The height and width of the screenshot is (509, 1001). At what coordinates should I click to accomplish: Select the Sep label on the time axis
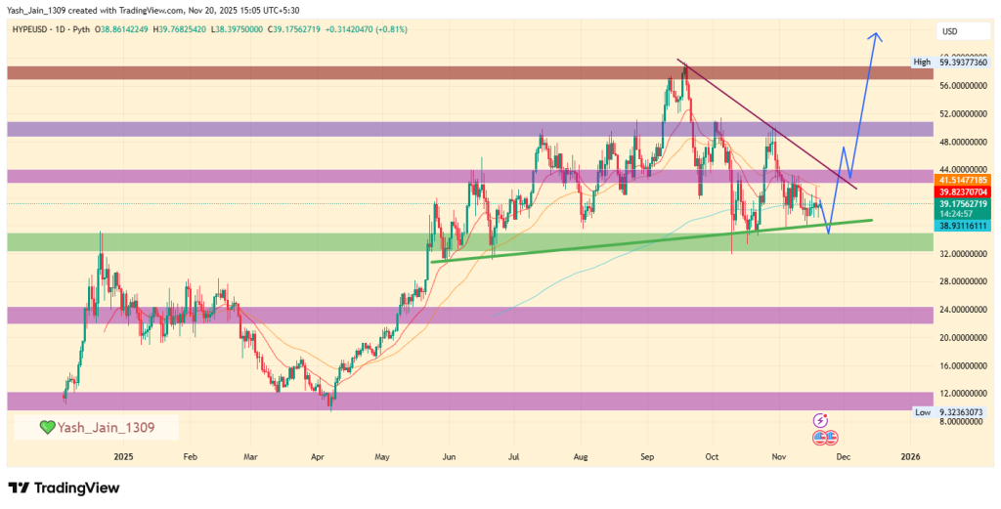tap(647, 456)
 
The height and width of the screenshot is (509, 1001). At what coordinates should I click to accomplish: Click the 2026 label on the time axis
tap(910, 456)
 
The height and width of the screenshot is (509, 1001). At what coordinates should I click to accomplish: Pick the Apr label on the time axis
tap(317, 456)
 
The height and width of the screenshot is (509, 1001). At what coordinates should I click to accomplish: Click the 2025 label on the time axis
tap(123, 456)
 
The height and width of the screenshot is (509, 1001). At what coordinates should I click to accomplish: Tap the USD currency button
tap(949, 31)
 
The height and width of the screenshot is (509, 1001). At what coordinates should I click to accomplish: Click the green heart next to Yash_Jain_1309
tap(47, 427)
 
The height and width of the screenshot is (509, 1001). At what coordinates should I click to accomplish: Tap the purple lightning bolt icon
tap(822, 419)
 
